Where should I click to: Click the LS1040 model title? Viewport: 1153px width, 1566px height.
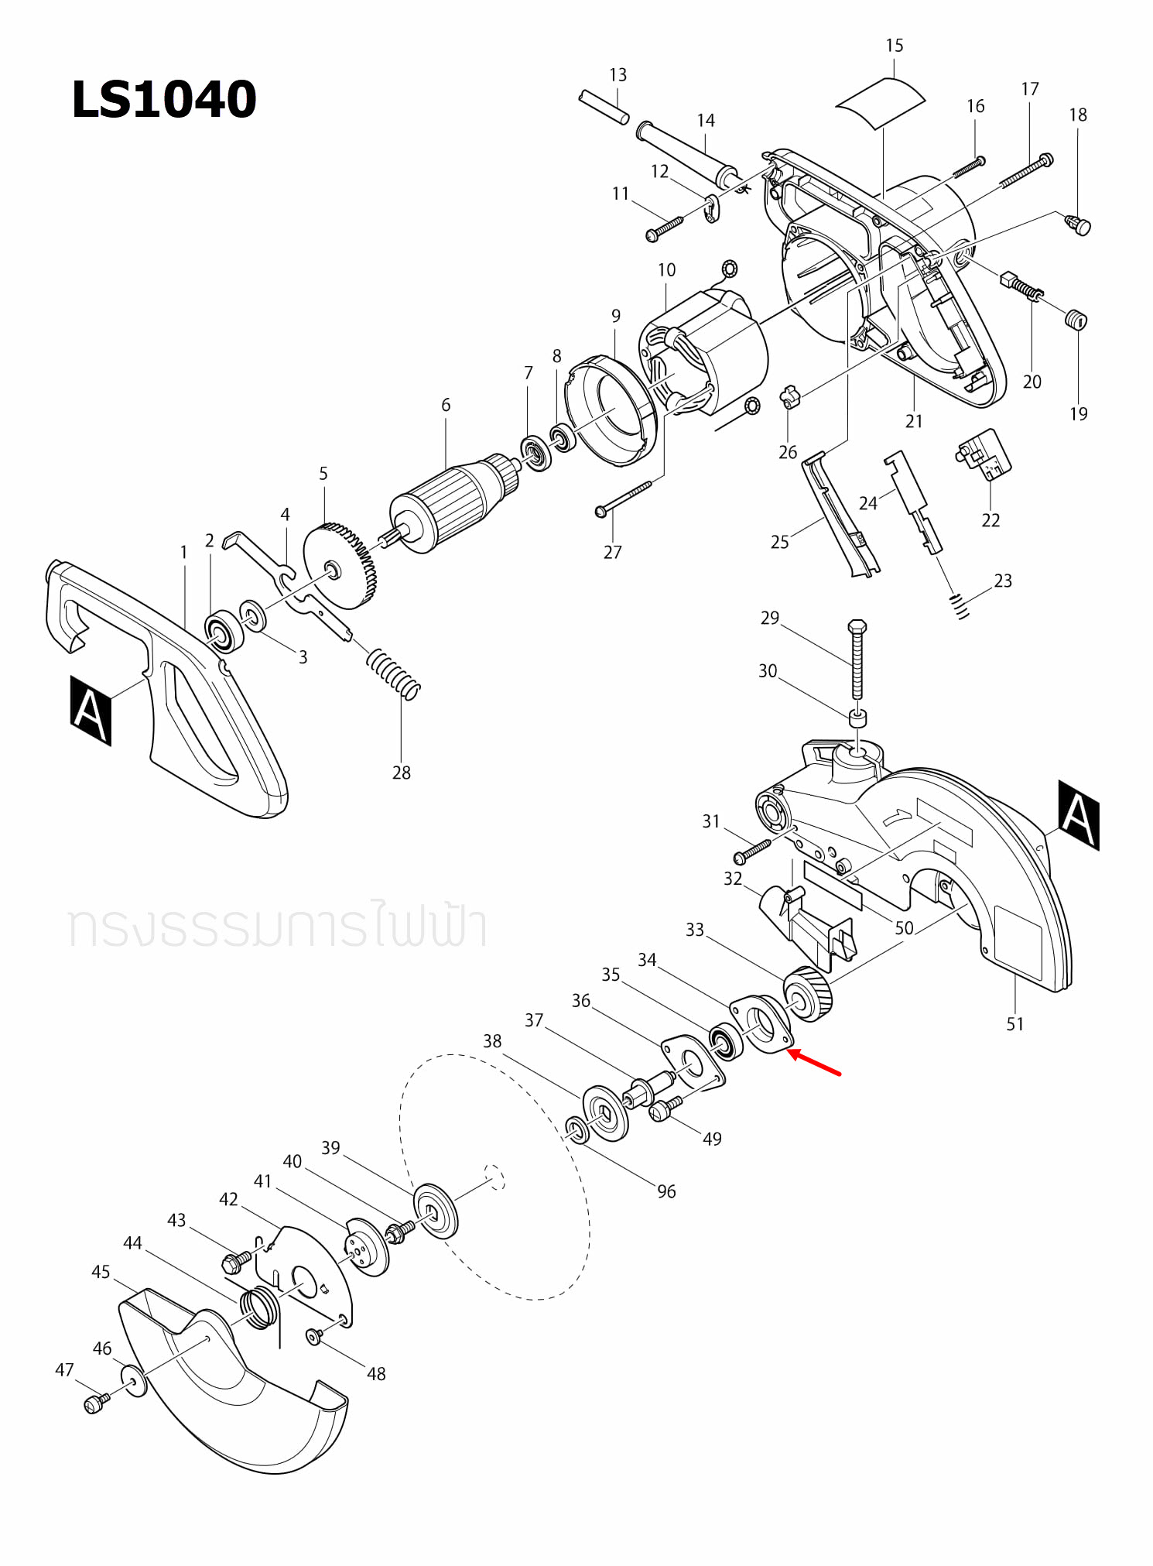(x=163, y=100)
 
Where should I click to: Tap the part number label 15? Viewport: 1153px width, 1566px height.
(x=894, y=46)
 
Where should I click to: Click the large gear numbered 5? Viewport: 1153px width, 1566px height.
(x=340, y=565)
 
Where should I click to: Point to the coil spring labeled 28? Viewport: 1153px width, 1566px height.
(x=393, y=673)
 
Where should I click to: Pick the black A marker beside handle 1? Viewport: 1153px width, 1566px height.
(x=91, y=710)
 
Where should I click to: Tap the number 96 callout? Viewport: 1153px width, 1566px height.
(x=666, y=1191)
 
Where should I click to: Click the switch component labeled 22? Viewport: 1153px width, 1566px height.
(x=984, y=455)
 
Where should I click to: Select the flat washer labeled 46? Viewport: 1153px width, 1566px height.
(x=134, y=1381)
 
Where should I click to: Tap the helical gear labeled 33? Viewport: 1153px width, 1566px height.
(x=808, y=995)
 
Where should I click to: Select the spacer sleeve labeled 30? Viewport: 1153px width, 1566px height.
(x=857, y=718)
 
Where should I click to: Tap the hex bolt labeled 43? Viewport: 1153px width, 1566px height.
(x=234, y=1263)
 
